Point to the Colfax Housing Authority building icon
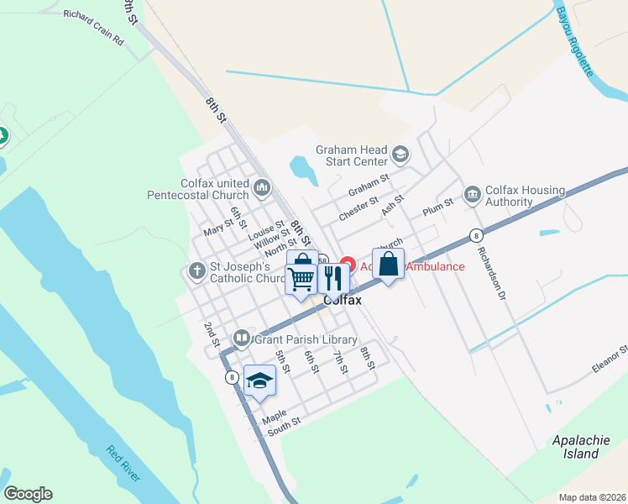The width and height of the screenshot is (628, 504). (x=472, y=195)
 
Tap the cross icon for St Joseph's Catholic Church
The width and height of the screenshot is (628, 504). (x=196, y=271)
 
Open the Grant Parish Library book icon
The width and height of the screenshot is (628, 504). (x=242, y=339)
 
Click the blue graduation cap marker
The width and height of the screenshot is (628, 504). (x=259, y=381)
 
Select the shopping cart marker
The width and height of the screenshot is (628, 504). (x=301, y=279)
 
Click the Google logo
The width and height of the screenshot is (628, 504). (x=28, y=494)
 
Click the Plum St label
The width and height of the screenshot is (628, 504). (x=438, y=202)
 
